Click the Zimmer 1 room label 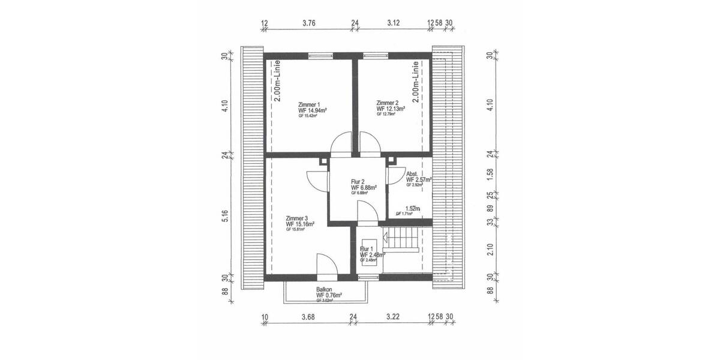point(309,104)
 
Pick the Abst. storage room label point(412,173)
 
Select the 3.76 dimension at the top point(309,23)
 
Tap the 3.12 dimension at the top point(393,23)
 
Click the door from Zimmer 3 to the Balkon point(326,264)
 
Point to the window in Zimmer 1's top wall point(321,56)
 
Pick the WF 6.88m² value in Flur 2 point(364,187)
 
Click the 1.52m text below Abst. point(412,209)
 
